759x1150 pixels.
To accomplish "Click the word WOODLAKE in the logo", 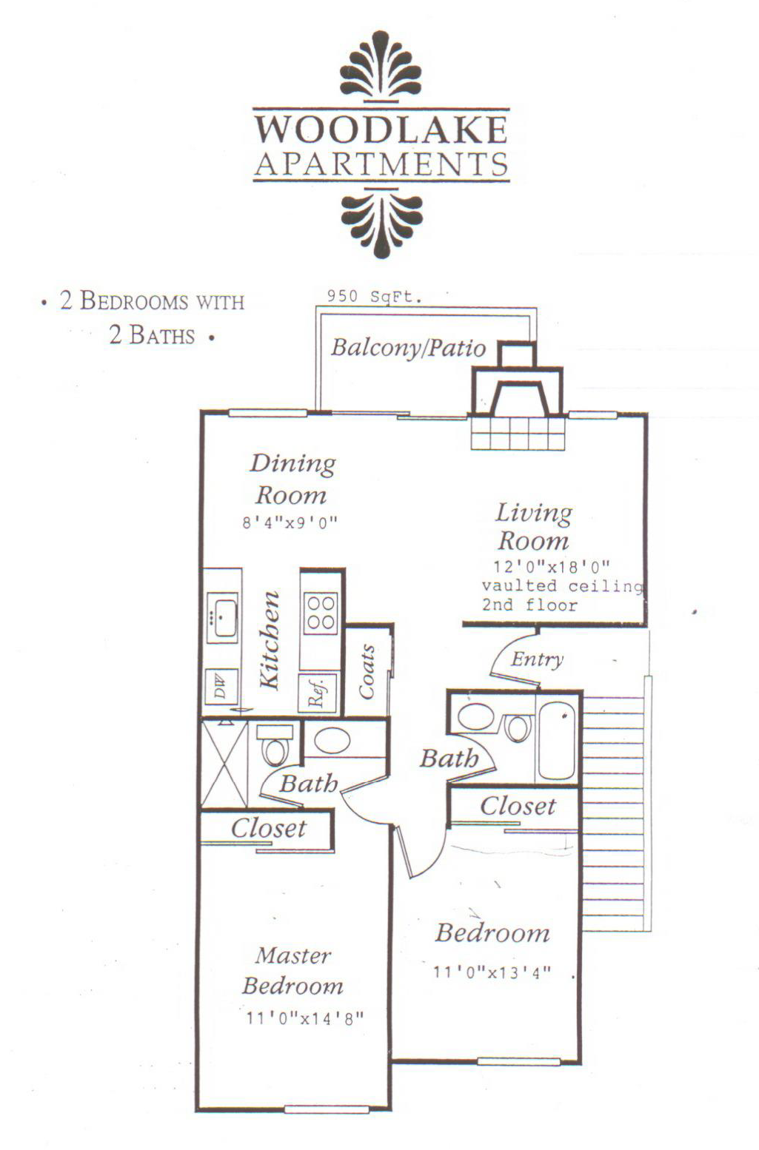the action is (381, 130).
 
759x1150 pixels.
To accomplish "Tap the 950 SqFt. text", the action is (374, 297).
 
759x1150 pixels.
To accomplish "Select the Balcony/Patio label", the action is (408, 348).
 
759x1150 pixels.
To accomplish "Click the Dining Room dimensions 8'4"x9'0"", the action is (290, 523).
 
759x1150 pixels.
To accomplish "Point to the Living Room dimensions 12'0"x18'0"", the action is (552, 566).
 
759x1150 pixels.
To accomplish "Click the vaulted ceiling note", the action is (562, 586).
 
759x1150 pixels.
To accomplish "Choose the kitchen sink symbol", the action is (222, 618).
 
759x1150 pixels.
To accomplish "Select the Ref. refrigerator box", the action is (317, 693).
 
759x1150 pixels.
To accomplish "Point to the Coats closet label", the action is (367, 673).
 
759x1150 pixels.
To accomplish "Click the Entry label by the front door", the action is (537, 659).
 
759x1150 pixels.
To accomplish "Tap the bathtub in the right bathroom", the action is (557, 740).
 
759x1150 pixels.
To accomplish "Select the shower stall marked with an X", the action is (224, 763).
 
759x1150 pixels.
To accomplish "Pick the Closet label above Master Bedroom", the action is (269, 828).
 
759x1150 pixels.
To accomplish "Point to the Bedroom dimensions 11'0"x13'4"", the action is (492, 972).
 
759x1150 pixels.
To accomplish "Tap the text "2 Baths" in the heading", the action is (152, 335).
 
